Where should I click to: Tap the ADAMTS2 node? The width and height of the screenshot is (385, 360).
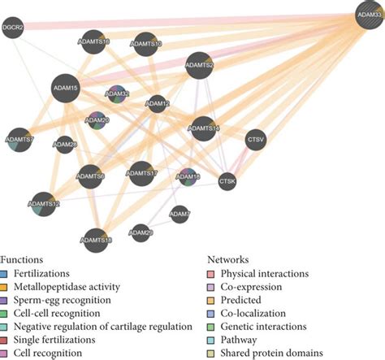click(199, 65)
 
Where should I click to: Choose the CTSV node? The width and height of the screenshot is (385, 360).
click(255, 138)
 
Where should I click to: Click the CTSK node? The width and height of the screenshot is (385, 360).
click(227, 183)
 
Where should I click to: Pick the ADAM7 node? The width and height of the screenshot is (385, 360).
click(180, 215)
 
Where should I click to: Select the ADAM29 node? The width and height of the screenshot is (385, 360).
click(141, 233)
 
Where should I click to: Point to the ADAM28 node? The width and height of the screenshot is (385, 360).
click(64, 146)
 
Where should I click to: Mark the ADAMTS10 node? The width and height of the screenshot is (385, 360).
click(145, 44)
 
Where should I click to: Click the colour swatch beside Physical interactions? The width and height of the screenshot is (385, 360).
click(213, 274)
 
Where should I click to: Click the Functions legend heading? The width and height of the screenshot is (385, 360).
click(24, 260)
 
